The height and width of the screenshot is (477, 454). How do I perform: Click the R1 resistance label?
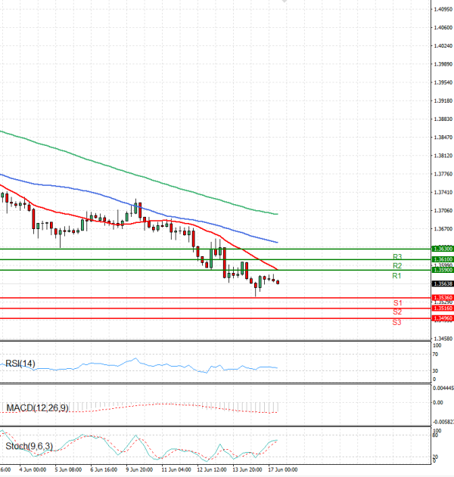pos(396,277)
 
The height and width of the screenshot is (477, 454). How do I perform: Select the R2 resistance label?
pos(396,266)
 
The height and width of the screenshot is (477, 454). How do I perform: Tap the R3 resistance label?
pos(396,257)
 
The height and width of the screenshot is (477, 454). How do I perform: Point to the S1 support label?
pos(396,302)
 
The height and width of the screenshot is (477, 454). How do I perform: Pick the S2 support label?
pos(396,312)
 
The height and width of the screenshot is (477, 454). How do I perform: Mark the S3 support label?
pos(396,323)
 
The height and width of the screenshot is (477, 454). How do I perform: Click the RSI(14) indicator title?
pos(20,364)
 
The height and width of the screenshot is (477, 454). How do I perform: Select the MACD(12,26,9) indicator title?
pos(37,408)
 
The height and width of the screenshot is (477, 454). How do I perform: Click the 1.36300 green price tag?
pos(443,249)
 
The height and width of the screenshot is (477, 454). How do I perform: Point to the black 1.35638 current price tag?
pos(443,284)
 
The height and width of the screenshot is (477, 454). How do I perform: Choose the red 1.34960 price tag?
pos(443,318)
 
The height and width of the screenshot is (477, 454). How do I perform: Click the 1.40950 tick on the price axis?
pos(443,9)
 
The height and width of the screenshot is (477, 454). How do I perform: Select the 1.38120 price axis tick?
pos(443,156)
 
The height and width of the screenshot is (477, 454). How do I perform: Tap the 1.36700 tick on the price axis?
pos(443,229)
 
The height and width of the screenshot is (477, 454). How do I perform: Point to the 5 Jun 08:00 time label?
pos(68,469)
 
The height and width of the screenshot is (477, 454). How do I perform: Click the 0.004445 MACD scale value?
pos(442,388)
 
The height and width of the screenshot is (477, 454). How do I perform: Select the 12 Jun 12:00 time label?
pos(210,469)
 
